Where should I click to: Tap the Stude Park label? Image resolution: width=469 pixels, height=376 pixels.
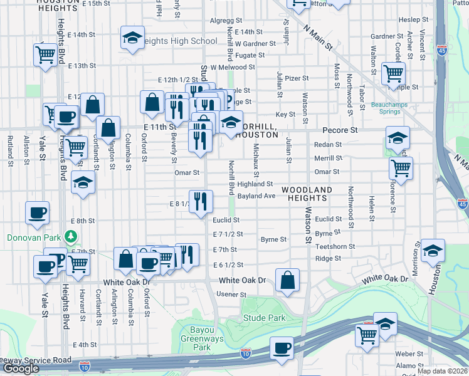[265, 318]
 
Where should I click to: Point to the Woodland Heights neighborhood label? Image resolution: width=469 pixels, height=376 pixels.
[307, 194]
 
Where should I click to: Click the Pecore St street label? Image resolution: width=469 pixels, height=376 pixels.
[340, 130]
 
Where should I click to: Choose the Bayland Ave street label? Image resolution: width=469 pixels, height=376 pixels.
[256, 196]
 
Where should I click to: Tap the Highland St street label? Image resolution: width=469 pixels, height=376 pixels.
[255, 184]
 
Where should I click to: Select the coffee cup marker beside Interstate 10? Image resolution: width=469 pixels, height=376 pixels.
[282, 347]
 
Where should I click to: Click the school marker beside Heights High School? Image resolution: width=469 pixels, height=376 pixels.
[132, 38]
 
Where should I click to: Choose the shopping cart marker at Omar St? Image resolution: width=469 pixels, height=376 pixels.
[400, 167]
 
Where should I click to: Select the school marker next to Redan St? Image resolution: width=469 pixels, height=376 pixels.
[398, 138]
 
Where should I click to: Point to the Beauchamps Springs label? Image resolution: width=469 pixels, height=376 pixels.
[394, 108]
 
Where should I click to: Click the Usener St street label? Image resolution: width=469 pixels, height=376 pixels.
[232, 295]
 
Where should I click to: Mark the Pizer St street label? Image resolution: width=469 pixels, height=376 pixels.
[297, 78]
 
